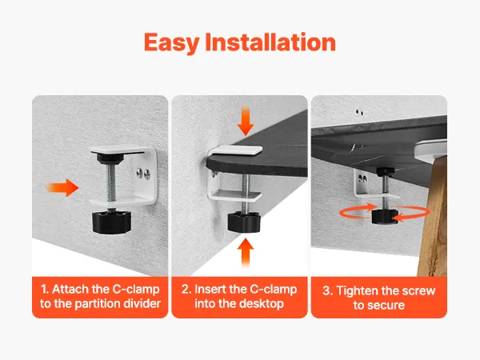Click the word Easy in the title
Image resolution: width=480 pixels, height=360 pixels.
tap(172, 43)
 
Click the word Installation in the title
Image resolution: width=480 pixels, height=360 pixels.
tap(270, 42)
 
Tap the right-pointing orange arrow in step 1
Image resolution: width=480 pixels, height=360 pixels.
tap(62, 187)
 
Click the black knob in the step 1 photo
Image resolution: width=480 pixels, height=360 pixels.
tap(112, 221)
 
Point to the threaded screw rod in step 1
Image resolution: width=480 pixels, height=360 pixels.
tap(112, 182)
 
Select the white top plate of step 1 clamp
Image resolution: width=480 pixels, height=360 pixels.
tap(118, 150)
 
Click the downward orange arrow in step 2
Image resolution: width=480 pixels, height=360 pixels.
tap(246, 121)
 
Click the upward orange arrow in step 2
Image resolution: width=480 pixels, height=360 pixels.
tap(246, 253)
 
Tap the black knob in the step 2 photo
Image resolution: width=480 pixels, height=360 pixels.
tap(244, 222)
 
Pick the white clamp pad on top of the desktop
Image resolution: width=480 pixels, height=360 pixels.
tap(235, 150)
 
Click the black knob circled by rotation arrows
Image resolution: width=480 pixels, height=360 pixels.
tap(385, 216)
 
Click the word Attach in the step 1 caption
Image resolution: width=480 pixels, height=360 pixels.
tap(70, 289)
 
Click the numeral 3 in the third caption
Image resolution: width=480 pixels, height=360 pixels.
tap(326, 290)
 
